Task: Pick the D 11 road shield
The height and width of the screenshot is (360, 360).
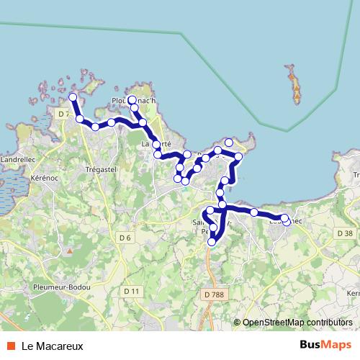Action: coord(130,291)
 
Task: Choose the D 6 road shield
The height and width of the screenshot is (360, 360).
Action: coord(125,238)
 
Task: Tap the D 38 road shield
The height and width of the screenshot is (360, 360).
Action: coord(345,233)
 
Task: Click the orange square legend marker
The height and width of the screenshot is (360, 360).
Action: coord(9,346)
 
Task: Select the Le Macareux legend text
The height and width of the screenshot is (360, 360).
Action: coord(53,346)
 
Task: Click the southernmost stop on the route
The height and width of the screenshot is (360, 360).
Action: coord(211,243)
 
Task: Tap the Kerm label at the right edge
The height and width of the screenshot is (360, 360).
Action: coord(353,293)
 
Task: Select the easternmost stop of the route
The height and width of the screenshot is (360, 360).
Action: coord(287,222)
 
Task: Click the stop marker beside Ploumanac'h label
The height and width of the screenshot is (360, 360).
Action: coord(132,100)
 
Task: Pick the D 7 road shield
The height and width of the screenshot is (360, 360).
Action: coord(63,114)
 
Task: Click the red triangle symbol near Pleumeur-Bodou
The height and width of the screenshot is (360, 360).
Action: coord(70,251)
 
